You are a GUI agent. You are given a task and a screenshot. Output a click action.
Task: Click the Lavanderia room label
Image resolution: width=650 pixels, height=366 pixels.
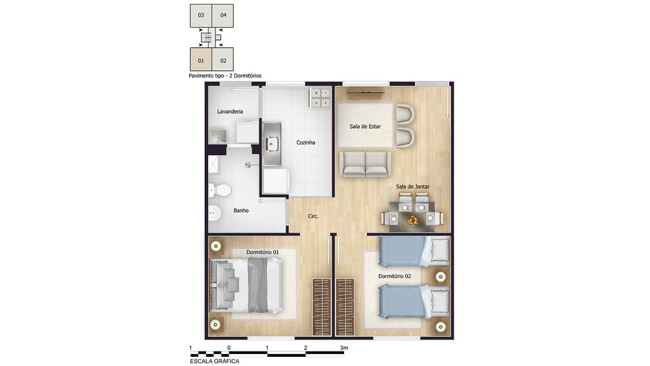tap(230, 112)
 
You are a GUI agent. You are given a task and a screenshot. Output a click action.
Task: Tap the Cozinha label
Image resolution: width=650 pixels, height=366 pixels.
tap(305, 143)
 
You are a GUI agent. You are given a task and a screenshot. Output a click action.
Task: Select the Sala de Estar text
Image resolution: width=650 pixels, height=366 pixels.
tap(365, 126)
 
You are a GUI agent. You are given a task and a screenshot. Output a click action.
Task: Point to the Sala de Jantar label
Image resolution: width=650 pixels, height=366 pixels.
tap(412, 187)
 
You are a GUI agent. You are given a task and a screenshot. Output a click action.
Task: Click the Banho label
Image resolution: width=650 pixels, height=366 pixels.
tap(241, 210)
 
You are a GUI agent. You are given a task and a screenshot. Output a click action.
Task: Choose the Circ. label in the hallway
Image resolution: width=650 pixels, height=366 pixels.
tap(313, 216)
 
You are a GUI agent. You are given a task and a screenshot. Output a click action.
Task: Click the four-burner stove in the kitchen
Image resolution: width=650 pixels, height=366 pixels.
tap(320, 97)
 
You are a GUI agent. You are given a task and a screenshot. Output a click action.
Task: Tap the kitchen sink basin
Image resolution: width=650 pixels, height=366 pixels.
tap(272, 143)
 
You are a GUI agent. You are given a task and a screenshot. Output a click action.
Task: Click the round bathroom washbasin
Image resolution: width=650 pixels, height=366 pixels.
tap(214, 214)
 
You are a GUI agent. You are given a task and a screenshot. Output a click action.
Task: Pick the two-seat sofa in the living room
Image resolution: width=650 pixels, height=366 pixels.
tap(365, 164)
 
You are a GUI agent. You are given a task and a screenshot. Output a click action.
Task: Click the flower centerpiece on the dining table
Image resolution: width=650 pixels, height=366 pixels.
tap(412, 221)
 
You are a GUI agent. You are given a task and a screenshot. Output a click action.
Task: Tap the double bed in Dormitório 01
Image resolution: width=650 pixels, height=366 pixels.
tap(247, 285)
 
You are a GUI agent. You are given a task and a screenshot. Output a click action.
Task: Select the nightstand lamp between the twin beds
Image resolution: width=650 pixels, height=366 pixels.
tap(441, 277)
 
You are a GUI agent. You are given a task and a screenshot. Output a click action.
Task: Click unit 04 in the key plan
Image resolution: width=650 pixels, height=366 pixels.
tap(223, 15)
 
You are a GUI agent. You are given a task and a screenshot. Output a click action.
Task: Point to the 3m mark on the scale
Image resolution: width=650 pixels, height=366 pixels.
tap(344, 348)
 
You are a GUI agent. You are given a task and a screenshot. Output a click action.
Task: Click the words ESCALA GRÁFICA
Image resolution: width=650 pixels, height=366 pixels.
tap(214, 361)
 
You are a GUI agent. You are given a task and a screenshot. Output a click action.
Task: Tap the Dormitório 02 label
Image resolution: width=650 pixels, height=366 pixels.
tap(395, 276)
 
